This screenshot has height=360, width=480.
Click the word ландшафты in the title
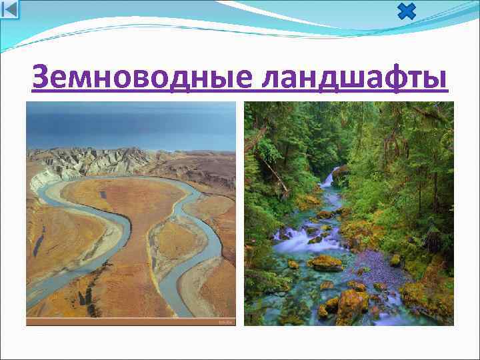pos(354,79)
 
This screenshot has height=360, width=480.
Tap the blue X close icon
pos(406,12)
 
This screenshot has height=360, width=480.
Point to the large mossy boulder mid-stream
pos(325,263)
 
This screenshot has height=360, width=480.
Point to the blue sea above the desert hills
pos(131,127)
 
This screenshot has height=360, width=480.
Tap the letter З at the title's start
pos(41,79)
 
